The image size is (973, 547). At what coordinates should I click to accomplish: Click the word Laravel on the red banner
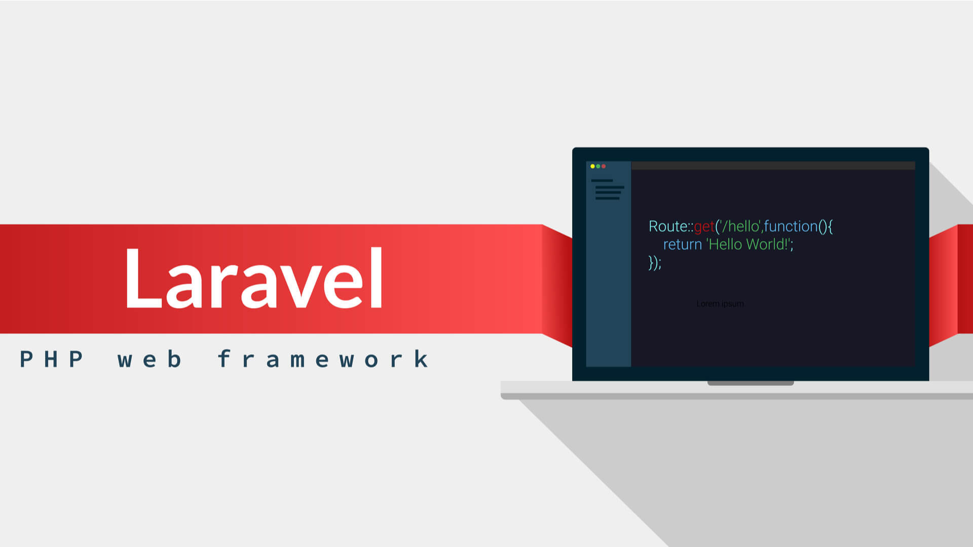(x=253, y=279)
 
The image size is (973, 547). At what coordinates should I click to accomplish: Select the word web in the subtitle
(x=149, y=360)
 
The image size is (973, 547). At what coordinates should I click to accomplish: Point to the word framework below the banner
(x=323, y=360)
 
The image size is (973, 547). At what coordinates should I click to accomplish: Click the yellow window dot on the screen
(x=592, y=166)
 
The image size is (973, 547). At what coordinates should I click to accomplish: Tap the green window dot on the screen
(x=598, y=166)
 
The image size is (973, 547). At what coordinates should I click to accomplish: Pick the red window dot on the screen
(x=604, y=166)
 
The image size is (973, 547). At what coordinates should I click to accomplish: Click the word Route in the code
(x=667, y=226)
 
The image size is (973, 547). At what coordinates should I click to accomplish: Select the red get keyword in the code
(x=704, y=227)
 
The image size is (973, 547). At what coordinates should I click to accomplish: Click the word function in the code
(x=791, y=226)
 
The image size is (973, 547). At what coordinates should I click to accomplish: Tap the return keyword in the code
(x=682, y=245)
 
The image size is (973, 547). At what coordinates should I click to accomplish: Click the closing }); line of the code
(x=655, y=263)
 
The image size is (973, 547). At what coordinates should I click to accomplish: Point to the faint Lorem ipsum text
(x=720, y=304)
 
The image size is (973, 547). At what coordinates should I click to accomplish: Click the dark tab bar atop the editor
(x=773, y=166)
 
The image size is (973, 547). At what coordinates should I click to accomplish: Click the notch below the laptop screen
(x=751, y=383)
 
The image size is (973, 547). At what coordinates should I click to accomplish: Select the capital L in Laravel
(x=142, y=279)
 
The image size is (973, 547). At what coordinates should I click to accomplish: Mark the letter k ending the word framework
(x=421, y=359)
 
